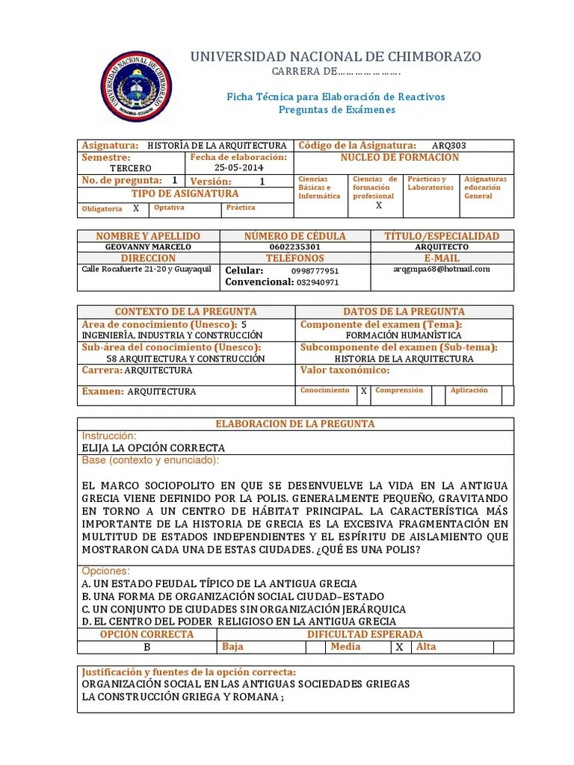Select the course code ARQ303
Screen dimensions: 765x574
click(x=449, y=146)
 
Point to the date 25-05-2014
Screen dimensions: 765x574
click(x=238, y=168)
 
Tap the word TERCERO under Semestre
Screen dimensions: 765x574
click(x=130, y=168)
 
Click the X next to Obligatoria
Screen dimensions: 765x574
click(x=136, y=208)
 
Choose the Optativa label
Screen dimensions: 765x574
click(x=169, y=208)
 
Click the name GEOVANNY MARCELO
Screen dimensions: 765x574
click(x=149, y=247)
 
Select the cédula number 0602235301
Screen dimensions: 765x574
click(x=295, y=247)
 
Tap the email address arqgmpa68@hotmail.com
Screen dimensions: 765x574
click(x=442, y=269)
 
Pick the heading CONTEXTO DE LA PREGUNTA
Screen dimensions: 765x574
click(x=185, y=312)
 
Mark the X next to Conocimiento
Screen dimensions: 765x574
click(x=363, y=391)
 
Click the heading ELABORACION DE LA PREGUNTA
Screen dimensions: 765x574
click(x=295, y=424)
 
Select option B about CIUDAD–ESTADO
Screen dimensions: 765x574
click(x=232, y=596)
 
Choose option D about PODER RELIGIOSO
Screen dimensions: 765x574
click(x=239, y=622)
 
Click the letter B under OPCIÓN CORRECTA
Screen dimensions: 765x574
click(x=147, y=647)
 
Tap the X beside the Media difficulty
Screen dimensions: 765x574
click(x=400, y=648)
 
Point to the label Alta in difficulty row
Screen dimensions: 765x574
click(x=426, y=647)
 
